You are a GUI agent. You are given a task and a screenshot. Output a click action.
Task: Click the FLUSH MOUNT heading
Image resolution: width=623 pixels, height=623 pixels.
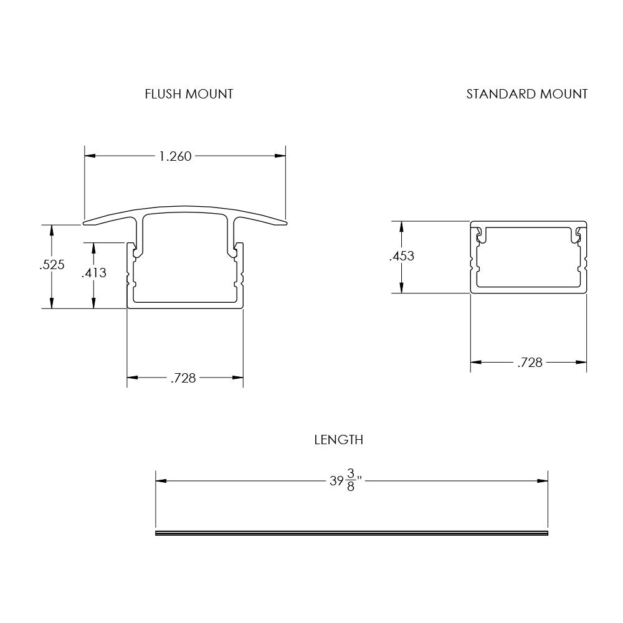pos(189,94)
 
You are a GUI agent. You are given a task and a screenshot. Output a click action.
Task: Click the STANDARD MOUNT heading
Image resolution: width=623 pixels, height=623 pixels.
pos(526,94)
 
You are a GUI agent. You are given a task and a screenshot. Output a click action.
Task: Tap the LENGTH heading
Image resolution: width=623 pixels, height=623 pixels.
pos(338,440)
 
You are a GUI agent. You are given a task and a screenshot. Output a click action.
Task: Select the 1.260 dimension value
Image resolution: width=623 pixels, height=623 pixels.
pos(175,156)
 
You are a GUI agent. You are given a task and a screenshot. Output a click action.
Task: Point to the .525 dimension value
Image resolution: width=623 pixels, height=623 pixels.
pos(52,265)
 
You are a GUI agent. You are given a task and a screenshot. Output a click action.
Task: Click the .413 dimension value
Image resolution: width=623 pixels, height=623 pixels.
pos(93,273)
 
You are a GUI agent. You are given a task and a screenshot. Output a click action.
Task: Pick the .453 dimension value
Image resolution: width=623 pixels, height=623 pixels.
pos(401,256)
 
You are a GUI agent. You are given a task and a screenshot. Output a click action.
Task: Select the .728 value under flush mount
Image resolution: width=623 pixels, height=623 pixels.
pos(183,378)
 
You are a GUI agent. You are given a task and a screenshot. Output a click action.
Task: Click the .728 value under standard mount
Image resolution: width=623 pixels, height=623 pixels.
pos(530,363)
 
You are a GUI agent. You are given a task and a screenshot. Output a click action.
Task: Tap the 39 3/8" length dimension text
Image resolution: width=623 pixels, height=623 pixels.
pos(346,481)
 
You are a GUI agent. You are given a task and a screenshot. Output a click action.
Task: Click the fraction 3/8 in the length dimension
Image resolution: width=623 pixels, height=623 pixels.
pos(351,481)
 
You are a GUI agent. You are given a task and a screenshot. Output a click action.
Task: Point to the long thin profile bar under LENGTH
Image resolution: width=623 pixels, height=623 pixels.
pos(351,533)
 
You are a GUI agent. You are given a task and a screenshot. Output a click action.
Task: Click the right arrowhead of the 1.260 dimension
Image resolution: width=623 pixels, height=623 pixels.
pos(281,156)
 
